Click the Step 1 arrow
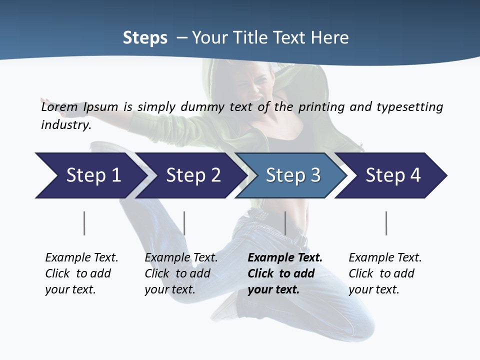(90, 175)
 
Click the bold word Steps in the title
(145, 38)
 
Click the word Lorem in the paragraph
(59, 107)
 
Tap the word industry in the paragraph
(65, 125)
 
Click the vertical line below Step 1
(84, 223)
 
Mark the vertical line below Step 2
(184, 223)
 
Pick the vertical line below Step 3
(285, 223)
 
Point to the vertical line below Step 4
(386, 223)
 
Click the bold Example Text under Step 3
(285, 258)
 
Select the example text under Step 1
(81, 273)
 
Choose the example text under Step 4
(384, 273)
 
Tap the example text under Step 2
(180, 273)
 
